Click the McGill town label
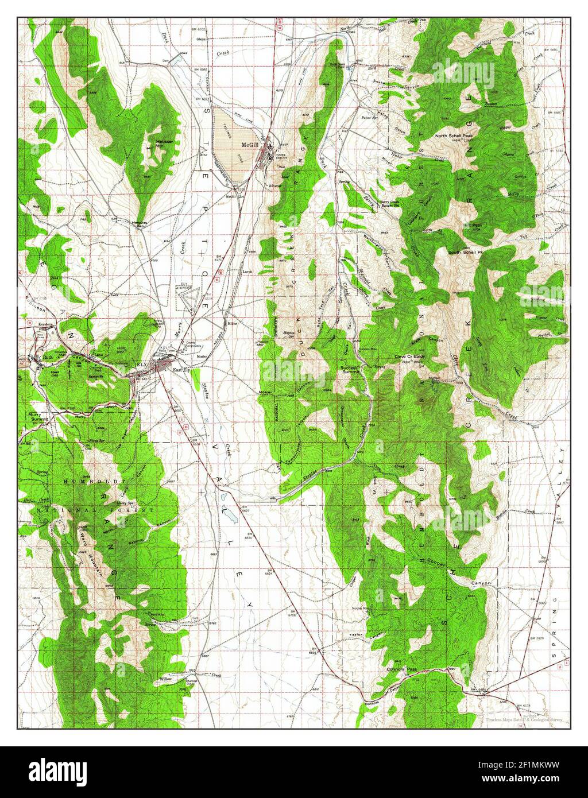(x=250, y=145)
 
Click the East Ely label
(x=182, y=370)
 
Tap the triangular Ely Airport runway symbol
(x=190, y=299)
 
